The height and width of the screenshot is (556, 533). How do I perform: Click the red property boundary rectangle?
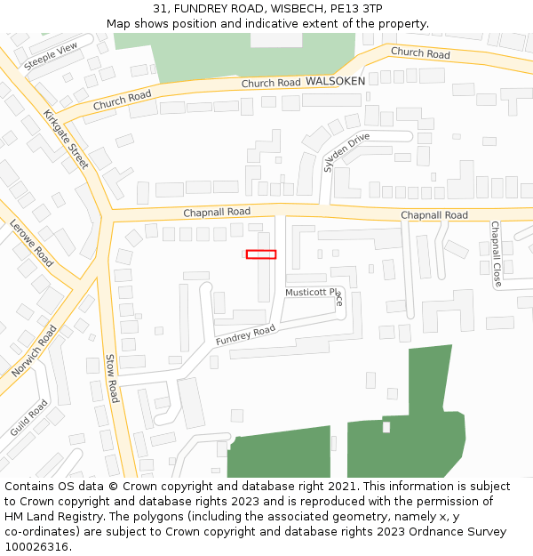261,254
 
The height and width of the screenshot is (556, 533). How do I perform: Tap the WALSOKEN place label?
335,81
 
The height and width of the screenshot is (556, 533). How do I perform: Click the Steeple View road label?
51,55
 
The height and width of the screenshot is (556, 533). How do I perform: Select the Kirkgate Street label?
67,139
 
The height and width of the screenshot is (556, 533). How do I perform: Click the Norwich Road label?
35,350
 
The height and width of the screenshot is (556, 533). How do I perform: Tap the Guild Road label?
29,417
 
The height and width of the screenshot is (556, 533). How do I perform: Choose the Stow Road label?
112,378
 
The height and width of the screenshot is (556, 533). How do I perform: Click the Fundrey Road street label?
245,335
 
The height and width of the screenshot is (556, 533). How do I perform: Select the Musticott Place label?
314,293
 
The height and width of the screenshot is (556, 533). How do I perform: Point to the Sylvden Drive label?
346,152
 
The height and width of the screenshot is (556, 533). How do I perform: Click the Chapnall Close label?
496,254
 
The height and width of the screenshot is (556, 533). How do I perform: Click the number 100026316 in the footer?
36,546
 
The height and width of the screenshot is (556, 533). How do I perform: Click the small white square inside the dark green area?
386,427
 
